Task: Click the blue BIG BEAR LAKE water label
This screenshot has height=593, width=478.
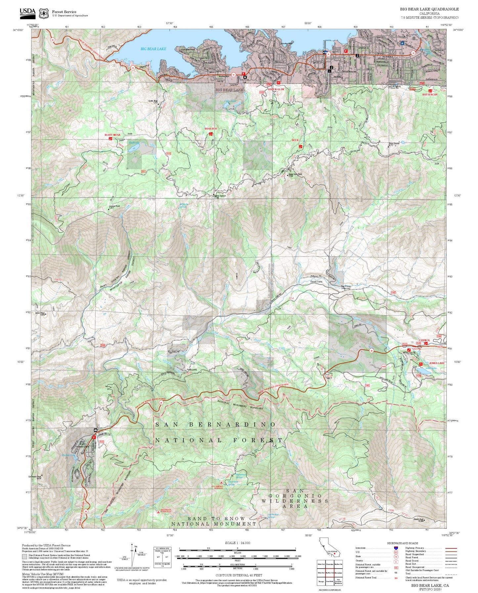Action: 153,49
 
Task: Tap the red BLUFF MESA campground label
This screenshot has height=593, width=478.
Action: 112,135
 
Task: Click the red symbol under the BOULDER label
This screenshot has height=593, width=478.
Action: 210,134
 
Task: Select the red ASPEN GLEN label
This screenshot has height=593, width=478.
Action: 276,90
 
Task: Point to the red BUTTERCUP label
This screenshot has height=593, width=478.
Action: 430,95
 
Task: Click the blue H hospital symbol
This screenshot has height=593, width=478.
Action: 402,43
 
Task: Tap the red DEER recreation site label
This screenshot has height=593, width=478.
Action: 295,140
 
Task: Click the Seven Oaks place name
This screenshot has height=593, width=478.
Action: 316,282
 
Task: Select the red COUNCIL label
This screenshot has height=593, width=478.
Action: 424,340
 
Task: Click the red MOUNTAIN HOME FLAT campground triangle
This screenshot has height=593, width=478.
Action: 158,512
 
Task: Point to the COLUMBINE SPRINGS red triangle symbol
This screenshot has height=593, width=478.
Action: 221,483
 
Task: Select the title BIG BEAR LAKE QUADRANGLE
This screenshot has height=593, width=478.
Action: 429,9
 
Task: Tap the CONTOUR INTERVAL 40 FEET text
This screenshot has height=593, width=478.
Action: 237,575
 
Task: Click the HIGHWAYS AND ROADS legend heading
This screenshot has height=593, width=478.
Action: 403,543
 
